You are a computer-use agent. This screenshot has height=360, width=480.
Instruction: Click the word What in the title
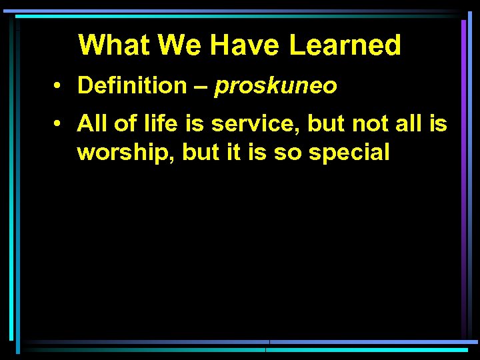point(114,45)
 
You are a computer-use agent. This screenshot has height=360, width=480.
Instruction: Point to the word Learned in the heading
point(345,45)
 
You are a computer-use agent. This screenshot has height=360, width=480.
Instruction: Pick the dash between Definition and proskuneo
point(201,86)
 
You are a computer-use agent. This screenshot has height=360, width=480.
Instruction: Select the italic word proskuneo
point(275,86)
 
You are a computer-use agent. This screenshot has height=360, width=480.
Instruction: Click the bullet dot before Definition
point(60,86)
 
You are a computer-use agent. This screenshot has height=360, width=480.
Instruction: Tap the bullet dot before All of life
point(60,124)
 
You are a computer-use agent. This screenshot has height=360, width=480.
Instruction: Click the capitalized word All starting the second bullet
point(90,123)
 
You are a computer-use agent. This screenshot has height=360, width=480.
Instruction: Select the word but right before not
point(327,123)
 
